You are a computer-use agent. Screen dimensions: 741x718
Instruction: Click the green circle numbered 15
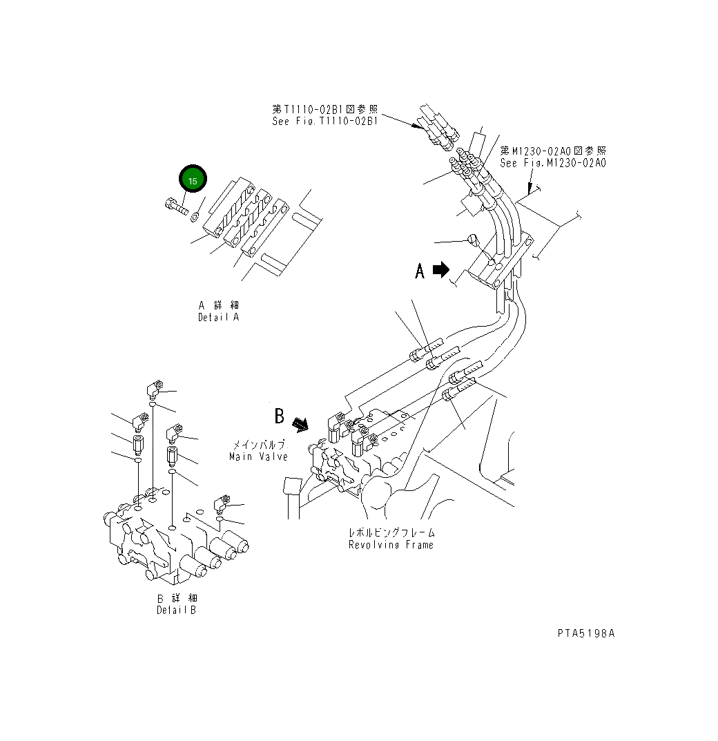pyautogui.click(x=193, y=180)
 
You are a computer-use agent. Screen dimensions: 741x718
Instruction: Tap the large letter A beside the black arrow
pyautogui.click(x=420, y=271)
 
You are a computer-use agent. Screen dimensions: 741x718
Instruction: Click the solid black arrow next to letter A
pyautogui.click(x=440, y=270)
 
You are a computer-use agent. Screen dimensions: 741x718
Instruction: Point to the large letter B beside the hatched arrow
pyautogui.click(x=279, y=416)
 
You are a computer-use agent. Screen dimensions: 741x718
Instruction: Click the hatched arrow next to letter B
pyautogui.click(x=300, y=423)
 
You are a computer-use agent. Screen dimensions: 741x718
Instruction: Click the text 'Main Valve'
pyautogui.click(x=258, y=456)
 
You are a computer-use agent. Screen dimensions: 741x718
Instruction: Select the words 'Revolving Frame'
pyautogui.click(x=391, y=545)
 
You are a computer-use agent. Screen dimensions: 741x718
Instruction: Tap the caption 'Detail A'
pyautogui.click(x=218, y=317)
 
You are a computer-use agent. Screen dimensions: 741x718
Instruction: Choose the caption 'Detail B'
pyautogui.click(x=176, y=610)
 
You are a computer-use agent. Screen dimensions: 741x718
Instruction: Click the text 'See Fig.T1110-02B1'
pyautogui.click(x=324, y=121)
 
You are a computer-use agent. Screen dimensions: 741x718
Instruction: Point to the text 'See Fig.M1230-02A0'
pyautogui.click(x=553, y=163)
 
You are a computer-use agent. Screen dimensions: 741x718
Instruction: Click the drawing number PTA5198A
pyautogui.click(x=585, y=633)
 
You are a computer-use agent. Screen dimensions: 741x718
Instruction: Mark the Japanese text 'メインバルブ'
pyautogui.click(x=258, y=445)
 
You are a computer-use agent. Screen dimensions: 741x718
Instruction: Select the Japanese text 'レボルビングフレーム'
pyautogui.click(x=391, y=533)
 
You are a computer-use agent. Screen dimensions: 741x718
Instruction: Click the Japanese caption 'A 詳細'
pyautogui.click(x=218, y=305)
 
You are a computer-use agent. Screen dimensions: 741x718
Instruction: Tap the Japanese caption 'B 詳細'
pyautogui.click(x=176, y=598)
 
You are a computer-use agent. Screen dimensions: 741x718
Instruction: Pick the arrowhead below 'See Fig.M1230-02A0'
pyautogui.click(x=530, y=188)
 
